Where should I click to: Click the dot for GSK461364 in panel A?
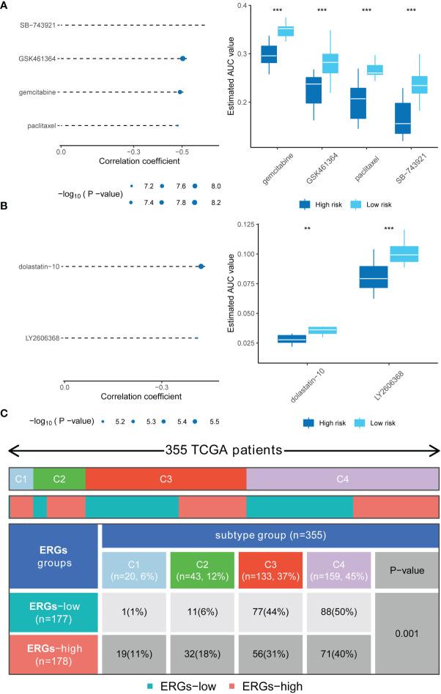click(x=182, y=59)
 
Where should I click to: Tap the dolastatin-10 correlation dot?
click(x=201, y=266)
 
